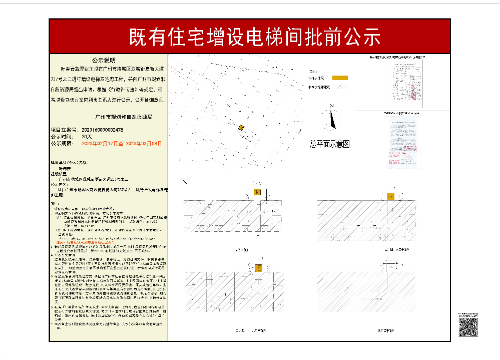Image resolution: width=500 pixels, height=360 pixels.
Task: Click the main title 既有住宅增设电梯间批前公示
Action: coord(255,37)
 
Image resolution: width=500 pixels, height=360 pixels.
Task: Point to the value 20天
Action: coord(87,136)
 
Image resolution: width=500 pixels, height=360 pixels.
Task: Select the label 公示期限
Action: coord(62,143)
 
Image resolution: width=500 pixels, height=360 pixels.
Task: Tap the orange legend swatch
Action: coord(340,78)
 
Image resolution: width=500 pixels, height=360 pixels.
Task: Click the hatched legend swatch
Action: coord(340,87)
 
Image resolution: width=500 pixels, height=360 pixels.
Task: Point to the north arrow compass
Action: coord(332,118)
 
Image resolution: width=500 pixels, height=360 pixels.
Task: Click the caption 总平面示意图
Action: coord(329,144)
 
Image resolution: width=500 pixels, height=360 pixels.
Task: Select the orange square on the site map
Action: coord(241,128)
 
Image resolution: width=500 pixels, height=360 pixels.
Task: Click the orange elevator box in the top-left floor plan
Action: coord(257,192)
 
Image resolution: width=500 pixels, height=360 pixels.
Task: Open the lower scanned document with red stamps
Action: coord(399,142)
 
